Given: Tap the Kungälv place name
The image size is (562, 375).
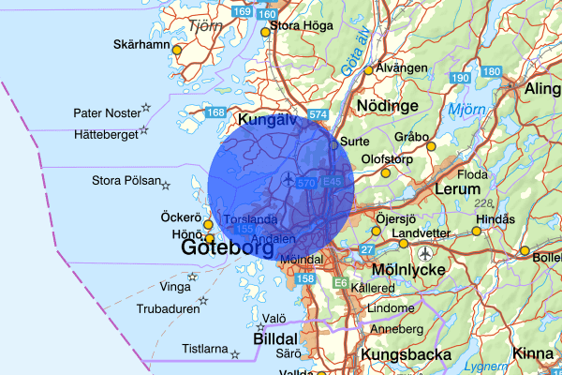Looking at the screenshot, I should [267, 121].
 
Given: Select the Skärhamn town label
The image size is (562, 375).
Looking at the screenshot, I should [140, 44].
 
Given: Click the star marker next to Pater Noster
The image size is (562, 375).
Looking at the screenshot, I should [145, 109].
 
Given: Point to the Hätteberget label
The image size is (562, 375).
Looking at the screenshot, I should [105, 135].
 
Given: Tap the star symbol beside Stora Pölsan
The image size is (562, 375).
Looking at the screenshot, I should [166, 184].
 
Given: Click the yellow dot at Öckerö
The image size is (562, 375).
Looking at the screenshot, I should [208, 225].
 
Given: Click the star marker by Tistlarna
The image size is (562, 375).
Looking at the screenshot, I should [234, 354].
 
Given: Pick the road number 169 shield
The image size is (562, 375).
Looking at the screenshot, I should [243, 11].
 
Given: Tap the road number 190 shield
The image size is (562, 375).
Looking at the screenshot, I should [459, 77].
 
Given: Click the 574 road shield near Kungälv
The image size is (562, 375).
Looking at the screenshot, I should [318, 114].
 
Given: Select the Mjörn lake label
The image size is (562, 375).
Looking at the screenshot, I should [466, 110].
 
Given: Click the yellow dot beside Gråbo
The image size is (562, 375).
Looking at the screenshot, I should [431, 146].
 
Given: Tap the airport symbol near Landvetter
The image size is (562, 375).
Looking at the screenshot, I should [427, 253].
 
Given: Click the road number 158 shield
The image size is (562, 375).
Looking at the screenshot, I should [305, 278].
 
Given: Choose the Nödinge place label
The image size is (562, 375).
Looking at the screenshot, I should [389, 107].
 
